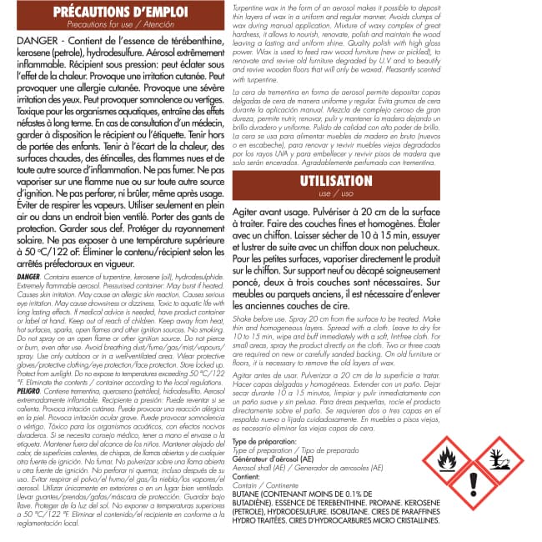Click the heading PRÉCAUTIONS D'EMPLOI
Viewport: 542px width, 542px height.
(120, 12)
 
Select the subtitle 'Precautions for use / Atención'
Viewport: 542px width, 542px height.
(120, 26)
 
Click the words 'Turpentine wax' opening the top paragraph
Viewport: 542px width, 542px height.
(255, 6)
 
